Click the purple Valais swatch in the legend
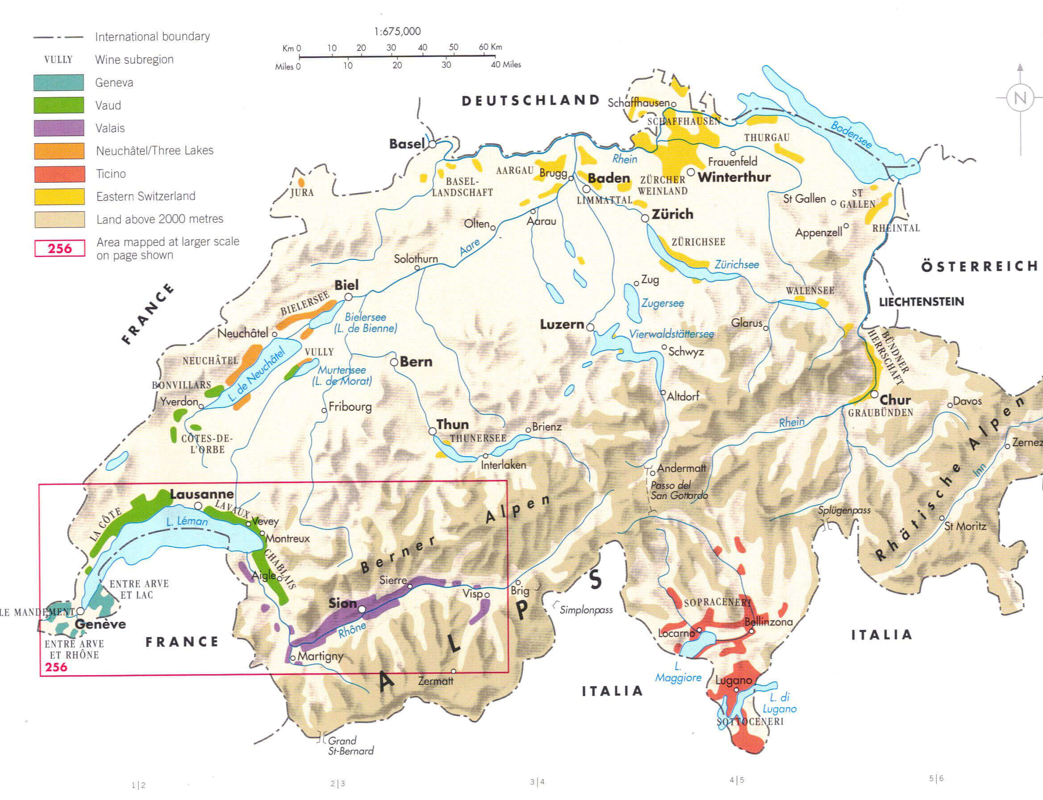[59, 128]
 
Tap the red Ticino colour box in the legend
[59, 174]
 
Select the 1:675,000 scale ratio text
[397, 31]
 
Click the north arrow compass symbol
[1020, 98]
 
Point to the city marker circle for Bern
[394, 362]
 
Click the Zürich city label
[672, 214]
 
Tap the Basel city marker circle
[432, 144]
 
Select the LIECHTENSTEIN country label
[921, 301]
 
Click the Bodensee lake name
[851, 135]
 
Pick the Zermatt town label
[435, 681]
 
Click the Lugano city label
[734, 680]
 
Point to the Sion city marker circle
[362, 609]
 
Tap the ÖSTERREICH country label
[979, 266]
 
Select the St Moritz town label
[965, 526]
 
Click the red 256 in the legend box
[59, 248]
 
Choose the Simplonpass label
[586, 610]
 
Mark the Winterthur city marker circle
[691, 172]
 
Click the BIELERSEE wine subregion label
[305, 303]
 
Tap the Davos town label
[967, 401]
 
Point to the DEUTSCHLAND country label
[530, 100]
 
